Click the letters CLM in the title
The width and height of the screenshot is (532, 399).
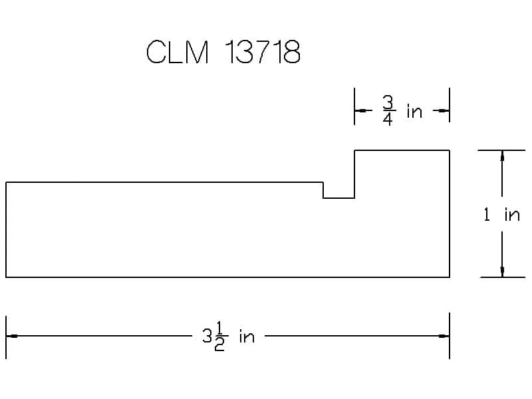coord(177,52)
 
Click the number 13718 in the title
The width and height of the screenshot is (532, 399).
coord(263,52)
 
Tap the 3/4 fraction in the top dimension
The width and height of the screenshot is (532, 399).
coord(388,110)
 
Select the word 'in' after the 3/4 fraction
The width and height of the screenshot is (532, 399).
coord(414,112)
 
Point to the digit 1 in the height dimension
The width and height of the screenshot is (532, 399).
coord(487,214)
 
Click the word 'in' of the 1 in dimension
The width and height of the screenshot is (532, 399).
coord(512,215)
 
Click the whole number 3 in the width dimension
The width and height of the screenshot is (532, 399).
coord(207,336)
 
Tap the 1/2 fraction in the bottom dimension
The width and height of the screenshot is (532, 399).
coord(219,336)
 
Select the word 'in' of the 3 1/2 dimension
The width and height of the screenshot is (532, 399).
coord(247,336)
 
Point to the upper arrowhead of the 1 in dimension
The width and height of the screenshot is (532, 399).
coord(502,156)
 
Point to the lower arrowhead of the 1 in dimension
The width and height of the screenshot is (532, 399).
coord(502,271)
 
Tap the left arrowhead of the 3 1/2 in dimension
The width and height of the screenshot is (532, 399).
coord(12,336)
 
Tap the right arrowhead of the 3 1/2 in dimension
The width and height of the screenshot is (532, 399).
coord(444,336)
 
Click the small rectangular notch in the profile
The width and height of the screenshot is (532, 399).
coord(338,190)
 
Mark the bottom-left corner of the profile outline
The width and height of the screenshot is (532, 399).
coord(6,277)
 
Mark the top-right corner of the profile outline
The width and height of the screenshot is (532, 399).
coord(450,150)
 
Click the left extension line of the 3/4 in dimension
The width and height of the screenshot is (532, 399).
coord(354,106)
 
